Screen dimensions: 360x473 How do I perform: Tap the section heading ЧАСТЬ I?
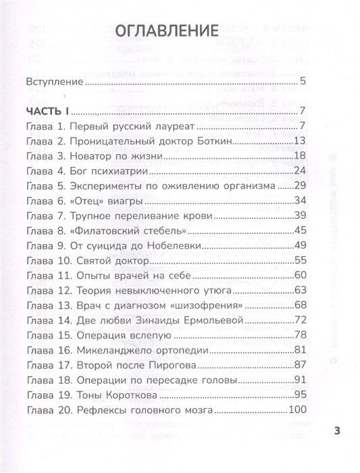click(x=49, y=111)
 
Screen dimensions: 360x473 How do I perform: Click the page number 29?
click(x=301, y=185)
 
